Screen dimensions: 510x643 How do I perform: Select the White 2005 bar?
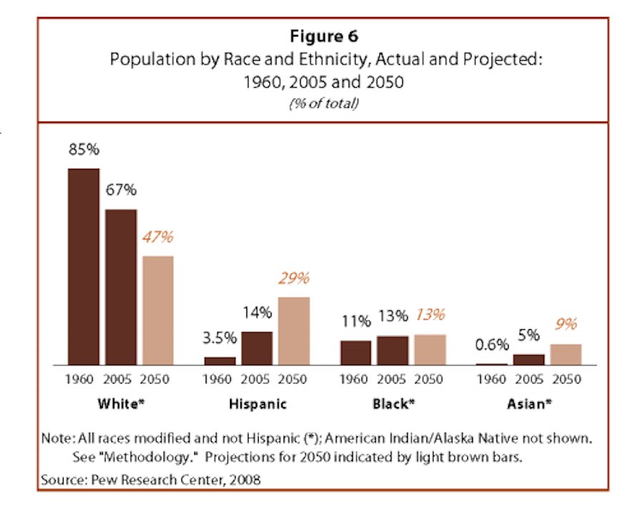[x=120, y=287]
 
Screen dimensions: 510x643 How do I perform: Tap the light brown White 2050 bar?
[x=157, y=310]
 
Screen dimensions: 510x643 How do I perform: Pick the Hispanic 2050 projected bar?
[x=294, y=331]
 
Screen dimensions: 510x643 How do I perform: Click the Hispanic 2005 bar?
[x=256, y=348]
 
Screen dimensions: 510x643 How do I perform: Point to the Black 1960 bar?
[x=356, y=352]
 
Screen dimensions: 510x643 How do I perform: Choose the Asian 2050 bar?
[x=566, y=354]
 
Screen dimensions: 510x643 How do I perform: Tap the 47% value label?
[x=157, y=237]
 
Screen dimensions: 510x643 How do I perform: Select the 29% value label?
[x=294, y=279]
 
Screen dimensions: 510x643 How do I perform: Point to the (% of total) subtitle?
[x=324, y=104]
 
